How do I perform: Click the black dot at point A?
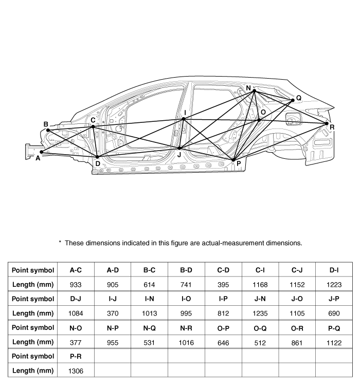click(42, 152)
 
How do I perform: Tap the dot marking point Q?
click(293, 100)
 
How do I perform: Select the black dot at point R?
click(327, 123)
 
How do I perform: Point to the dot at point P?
click(233, 160)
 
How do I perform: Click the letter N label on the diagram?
click(248, 88)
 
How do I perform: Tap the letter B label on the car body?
click(46, 124)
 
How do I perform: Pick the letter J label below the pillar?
click(179, 155)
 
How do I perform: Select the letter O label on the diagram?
click(263, 113)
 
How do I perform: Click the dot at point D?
click(97, 157)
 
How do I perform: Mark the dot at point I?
click(184, 119)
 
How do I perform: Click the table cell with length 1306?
click(76, 371)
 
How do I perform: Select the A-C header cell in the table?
click(76, 270)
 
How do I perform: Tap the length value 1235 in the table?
click(260, 313)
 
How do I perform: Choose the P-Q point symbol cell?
click(334, 328)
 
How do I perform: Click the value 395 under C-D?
click(223, 285)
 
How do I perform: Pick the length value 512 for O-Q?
click(260, 343)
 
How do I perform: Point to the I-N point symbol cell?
click(149, 299)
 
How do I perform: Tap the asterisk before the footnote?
click(60, 242)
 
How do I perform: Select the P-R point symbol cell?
click(76, 356)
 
